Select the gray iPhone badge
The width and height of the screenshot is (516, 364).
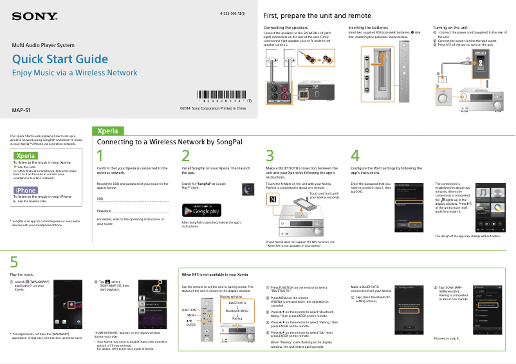point(26,190)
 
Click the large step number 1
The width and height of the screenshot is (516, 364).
point(100,157)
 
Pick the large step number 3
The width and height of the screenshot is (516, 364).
point(270,157)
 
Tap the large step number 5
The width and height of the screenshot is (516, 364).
point(14,262)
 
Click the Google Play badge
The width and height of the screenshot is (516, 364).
point(201,210)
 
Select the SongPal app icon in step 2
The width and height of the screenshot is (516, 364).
point(248,189)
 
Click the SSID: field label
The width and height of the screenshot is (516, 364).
point(100,199)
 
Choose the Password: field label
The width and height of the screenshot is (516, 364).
point(103,211)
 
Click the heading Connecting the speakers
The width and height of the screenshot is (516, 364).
point(286,28)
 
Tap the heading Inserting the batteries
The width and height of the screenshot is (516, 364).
point(368,28)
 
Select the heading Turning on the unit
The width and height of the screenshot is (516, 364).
point(450,28)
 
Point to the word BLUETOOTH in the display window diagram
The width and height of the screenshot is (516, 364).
point(237,302)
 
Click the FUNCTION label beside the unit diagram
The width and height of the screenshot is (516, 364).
point(189,310)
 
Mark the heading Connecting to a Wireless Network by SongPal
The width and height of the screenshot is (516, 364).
point(169,141)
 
